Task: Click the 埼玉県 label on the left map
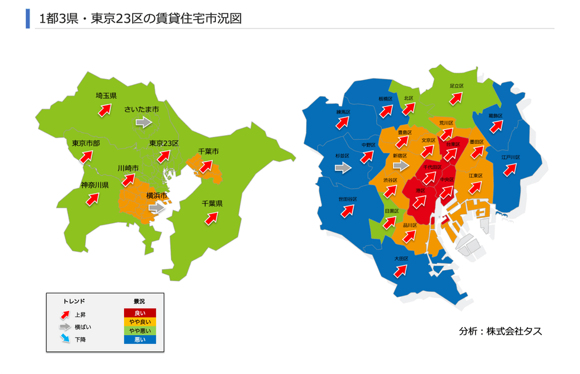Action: [106, 96]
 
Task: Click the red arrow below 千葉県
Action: [211, 218]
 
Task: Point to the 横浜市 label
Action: [158, 196]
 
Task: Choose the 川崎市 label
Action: [128, 168]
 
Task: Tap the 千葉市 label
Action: [208, 152]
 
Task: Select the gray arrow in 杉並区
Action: [342, 167]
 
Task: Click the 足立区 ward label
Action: [456, 86]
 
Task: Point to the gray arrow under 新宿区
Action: [401, 166]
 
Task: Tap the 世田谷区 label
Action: [347, 199]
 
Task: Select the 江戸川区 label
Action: [510, 157]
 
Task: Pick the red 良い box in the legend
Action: [140, 314]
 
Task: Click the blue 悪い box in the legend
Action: [140, 339]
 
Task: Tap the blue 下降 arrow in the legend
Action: [65, 339]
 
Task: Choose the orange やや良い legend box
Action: [140, 322]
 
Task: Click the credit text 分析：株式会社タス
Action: [500, 331]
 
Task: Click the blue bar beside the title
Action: [28, 19]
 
